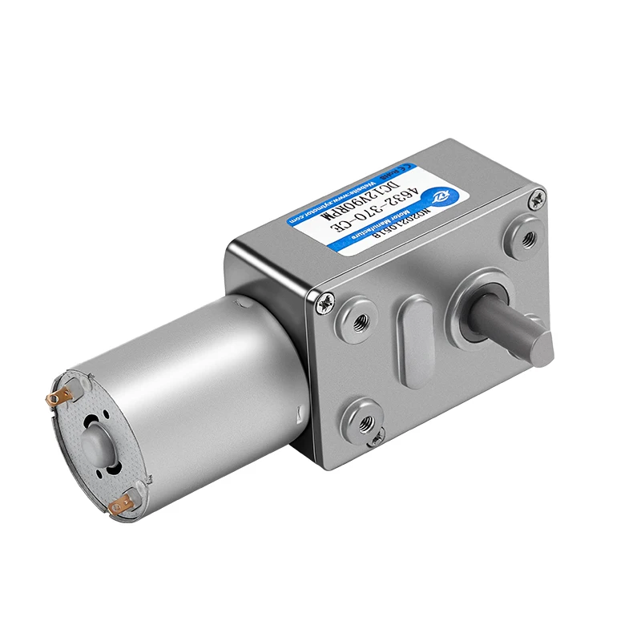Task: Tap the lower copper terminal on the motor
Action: (122, 505)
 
